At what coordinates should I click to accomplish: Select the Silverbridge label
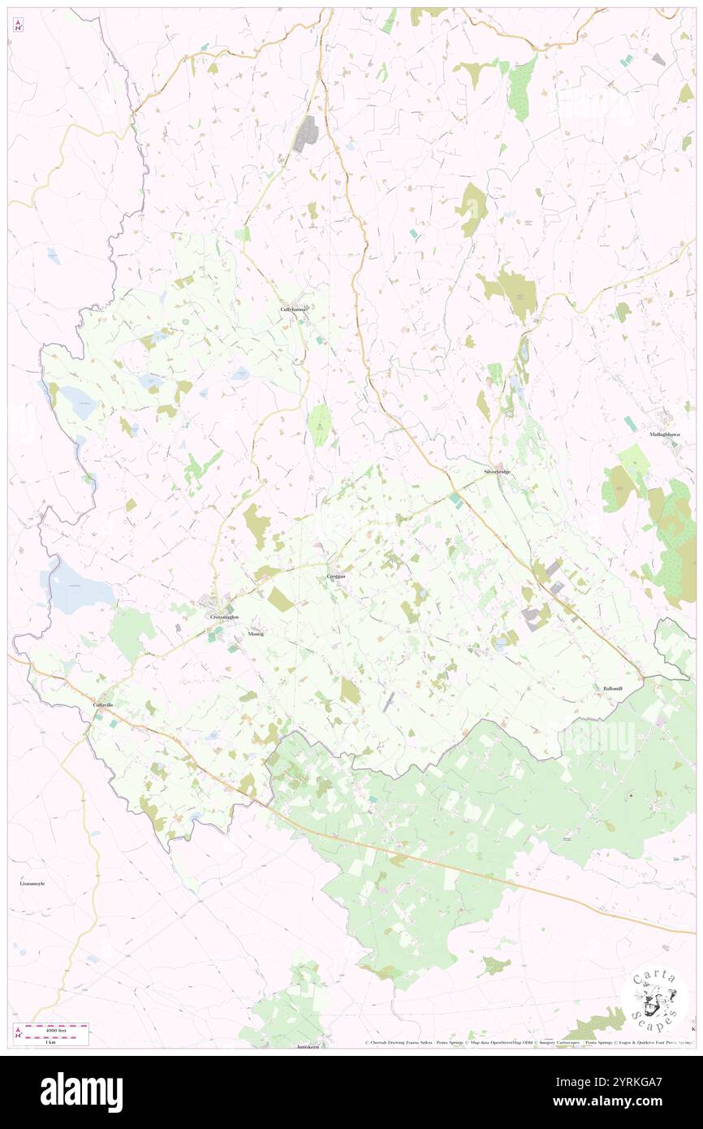[x=497, y=472]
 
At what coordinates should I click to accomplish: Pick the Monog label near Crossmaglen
[x=257, y=634]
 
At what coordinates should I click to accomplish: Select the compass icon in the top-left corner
[x=18, y=25]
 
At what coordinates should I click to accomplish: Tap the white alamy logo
[x=81, y=1092]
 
